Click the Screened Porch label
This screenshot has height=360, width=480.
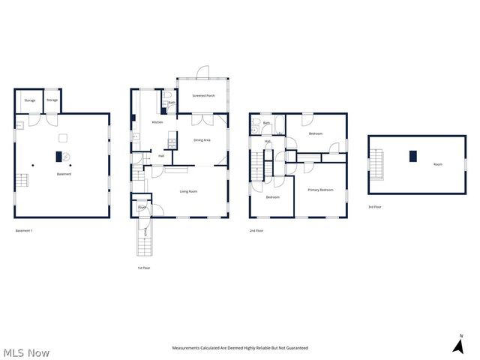[204, 96]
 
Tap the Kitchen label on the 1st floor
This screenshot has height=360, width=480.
[157, 122]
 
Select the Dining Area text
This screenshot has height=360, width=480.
[202, 140]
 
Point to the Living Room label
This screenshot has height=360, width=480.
[188, 192]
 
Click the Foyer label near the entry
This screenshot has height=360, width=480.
[142, 208]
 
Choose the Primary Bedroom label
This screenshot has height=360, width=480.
[320, 190]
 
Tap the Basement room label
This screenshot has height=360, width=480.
[64, 175]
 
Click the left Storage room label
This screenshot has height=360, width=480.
[30, 100]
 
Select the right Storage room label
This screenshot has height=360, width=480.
[52, 100]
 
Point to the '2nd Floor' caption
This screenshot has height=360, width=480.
[256, 231]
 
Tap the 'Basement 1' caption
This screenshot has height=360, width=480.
[24, 231]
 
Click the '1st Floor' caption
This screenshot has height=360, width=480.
[144, 268]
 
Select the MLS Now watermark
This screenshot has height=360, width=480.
[26, 352]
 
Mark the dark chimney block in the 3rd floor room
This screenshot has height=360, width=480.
[412, 156]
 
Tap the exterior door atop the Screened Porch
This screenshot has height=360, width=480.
[202, 73]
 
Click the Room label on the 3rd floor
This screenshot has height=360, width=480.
[437, 163]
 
